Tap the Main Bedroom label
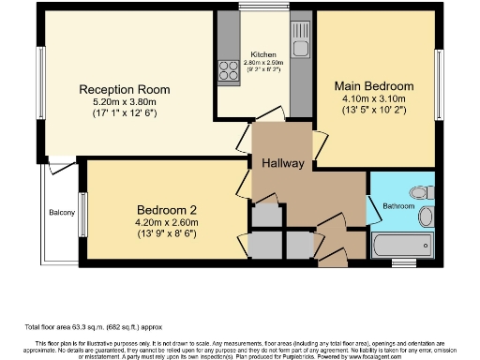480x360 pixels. (x=375, y=85)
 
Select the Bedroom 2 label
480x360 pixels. (x=164, y=208)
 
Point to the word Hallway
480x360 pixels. (x=283, y=163)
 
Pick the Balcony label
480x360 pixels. (x=62, y=212)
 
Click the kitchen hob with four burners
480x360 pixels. (x=228, y=70)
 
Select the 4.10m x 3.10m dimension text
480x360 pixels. (x=375, y=98)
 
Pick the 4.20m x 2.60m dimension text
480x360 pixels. (x=164, y=221)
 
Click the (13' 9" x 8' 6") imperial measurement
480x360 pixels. (x=164, y=232)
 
